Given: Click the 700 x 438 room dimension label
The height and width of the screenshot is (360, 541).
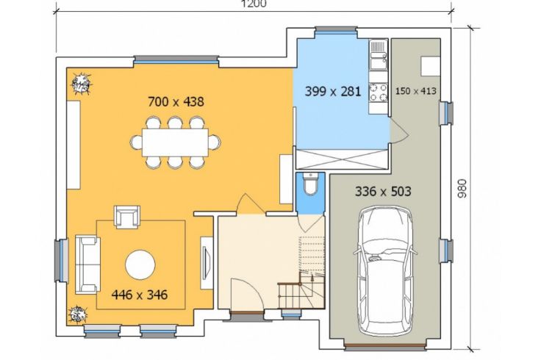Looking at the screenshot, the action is pyautogui.click(x=176, y=101).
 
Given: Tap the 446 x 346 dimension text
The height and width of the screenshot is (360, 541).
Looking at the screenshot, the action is pyautogui.click(x=140, y=295).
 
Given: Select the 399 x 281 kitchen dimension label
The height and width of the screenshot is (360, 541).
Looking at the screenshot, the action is pyautogui.click(x=333, y=91).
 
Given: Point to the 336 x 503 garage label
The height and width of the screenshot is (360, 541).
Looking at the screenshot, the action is pyautogui.click(x=383, y=191).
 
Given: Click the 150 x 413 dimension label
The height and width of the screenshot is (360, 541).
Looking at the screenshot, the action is pyautogui.click(x=416, y=91).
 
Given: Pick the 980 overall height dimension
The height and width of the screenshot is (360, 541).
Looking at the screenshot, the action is pyautogui.click(x=462, y=188).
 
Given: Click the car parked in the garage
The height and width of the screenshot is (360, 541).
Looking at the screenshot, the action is pyautogui.click(x=385, y=271).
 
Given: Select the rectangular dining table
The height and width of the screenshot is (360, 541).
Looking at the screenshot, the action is pyautogui.click(x=175, y=143).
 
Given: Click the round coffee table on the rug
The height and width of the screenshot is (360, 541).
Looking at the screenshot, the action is pyautogui.click(x=140, y=264).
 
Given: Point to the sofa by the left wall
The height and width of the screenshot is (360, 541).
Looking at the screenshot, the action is pyautogui.click(x=87, y=264).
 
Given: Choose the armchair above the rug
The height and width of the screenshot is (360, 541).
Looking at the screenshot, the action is pyautogui.click(x=127, y=217).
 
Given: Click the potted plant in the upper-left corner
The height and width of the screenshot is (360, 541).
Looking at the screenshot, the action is pyautogui.click(x=82, y=84).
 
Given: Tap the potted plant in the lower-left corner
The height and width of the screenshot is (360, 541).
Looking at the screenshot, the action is pyautogui.click(x=79, y=314).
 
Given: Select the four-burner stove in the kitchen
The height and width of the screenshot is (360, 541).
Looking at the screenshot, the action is pyautogui.click(x=379, y=93).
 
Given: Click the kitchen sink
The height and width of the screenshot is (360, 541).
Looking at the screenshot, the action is pyautogui.click(x=379, y=55).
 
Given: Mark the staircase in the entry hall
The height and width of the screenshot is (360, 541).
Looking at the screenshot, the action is pyautogui.click(x=301, y=273).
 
